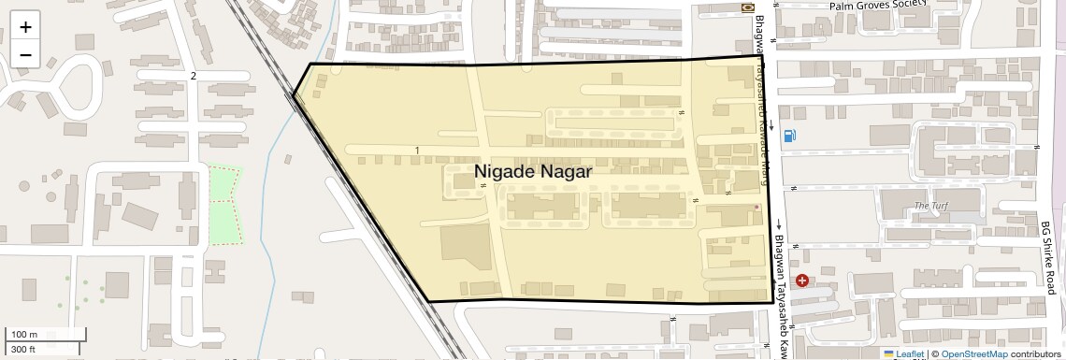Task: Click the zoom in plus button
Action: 25,27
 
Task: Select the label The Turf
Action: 931,206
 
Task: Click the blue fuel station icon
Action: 792,136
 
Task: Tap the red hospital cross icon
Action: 802,280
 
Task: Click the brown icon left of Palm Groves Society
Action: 747,7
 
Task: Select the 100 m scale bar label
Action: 23,334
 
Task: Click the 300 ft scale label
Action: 23,349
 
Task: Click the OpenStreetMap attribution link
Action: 973,353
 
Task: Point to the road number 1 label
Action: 416,151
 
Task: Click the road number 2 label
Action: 194,75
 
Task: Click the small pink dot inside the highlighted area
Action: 756,207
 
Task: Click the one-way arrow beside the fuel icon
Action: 771,124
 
